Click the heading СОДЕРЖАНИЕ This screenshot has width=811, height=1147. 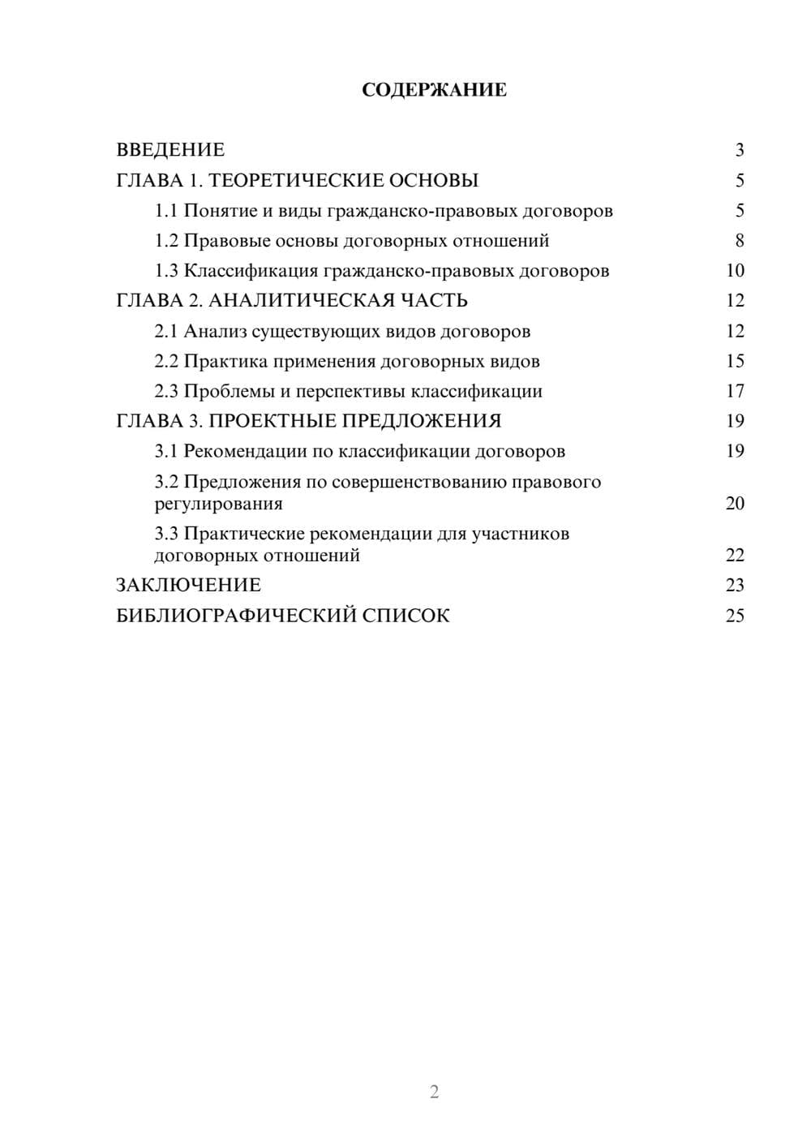(434, 90)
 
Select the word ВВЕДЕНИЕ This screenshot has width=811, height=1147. (170, 150)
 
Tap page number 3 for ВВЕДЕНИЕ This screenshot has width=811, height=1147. (740, 150)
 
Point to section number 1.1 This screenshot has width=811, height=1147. (165, 211)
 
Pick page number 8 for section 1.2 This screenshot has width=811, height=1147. (740, 241)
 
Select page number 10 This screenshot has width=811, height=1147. (735, 271)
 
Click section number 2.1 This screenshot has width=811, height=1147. (165, 332)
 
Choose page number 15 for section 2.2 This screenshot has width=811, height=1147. (735, 361)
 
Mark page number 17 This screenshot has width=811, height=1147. (735, 391)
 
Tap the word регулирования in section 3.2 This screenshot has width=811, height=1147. (218, 504)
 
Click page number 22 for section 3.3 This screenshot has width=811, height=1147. (735, 556)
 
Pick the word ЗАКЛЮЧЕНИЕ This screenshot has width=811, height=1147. (188, 586)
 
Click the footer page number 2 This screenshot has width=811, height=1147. (434, 1092)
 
